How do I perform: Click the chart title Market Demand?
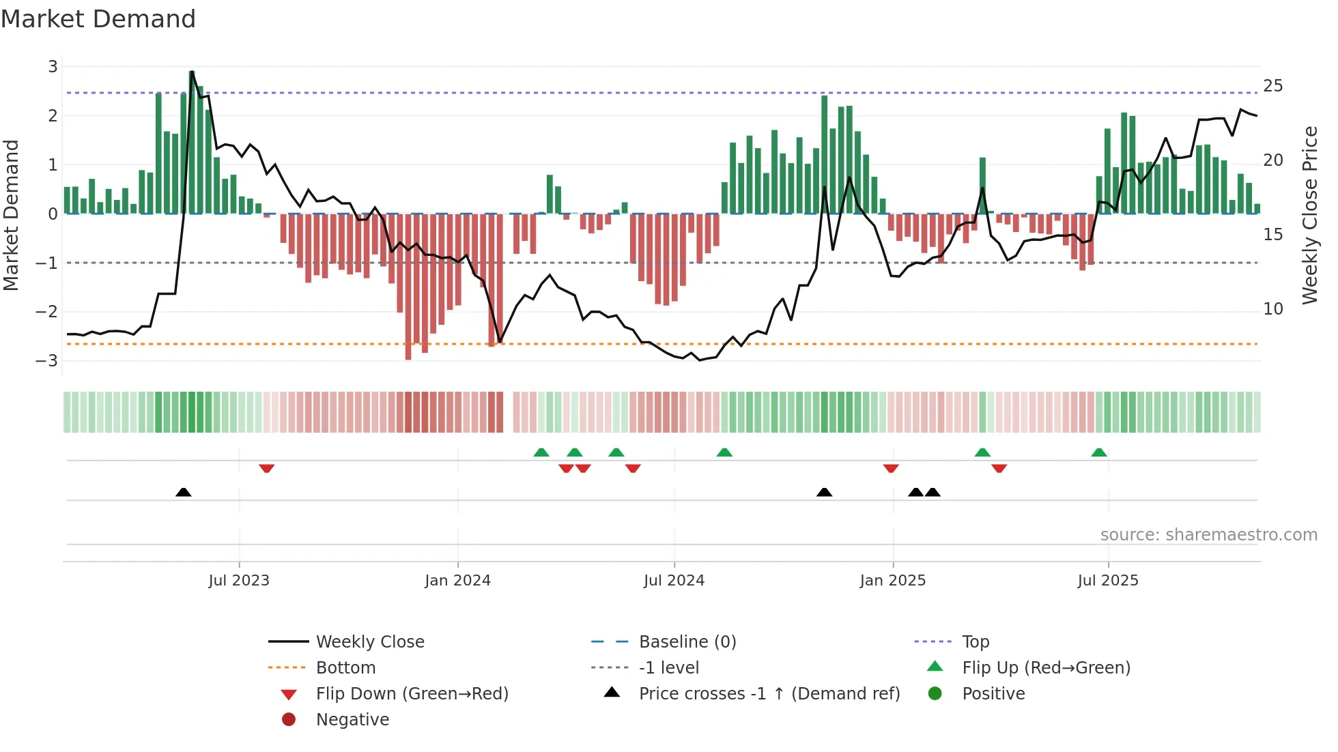[x=98, y=19]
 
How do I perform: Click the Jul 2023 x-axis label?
[x=239, y=581]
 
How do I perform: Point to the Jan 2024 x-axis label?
[x=457, y=581]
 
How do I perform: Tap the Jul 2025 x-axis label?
[x=1108, y=581]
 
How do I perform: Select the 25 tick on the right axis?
[x=1272, y=86]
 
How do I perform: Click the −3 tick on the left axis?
[x=47, y=361]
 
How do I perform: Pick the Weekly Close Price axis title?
[x=1309, y=215]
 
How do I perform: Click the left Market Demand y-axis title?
[x=11, y=215]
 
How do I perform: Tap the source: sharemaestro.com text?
[x=1208, y=535]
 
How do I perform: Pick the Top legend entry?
[x=975, y=642]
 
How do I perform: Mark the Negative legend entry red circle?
[x=289, y=720]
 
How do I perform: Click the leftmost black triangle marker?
[x=183, y=492]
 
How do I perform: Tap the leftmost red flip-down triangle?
[x=267, y=468]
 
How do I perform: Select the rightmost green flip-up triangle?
[x=1098, y=452]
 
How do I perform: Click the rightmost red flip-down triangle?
[x=999, y=468]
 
